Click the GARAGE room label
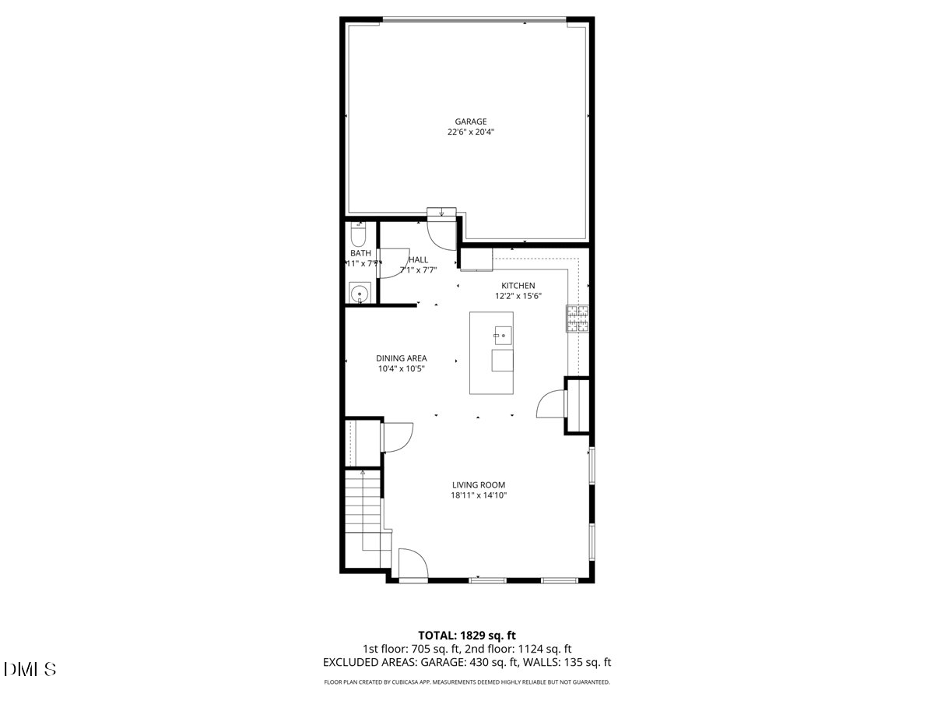[x=471, y=122]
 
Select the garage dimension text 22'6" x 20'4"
[x=471, y=132]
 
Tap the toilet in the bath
[x=359, y=234]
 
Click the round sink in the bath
[x=359, y=294]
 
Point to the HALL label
[x=419, y=259]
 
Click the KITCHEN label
[x=518, y=286]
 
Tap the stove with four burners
[x=578, y=318]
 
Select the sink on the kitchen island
[x=502, y=336]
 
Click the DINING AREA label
[x=402, y=358]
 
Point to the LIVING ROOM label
[x=479, y=484]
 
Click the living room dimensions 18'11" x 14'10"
[x=479, y=495]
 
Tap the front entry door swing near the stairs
[x=412, y=564]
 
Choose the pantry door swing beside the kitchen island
[x=552, y=403]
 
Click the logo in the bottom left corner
[x=30, y=669]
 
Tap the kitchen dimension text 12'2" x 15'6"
[x=518, y=296]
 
